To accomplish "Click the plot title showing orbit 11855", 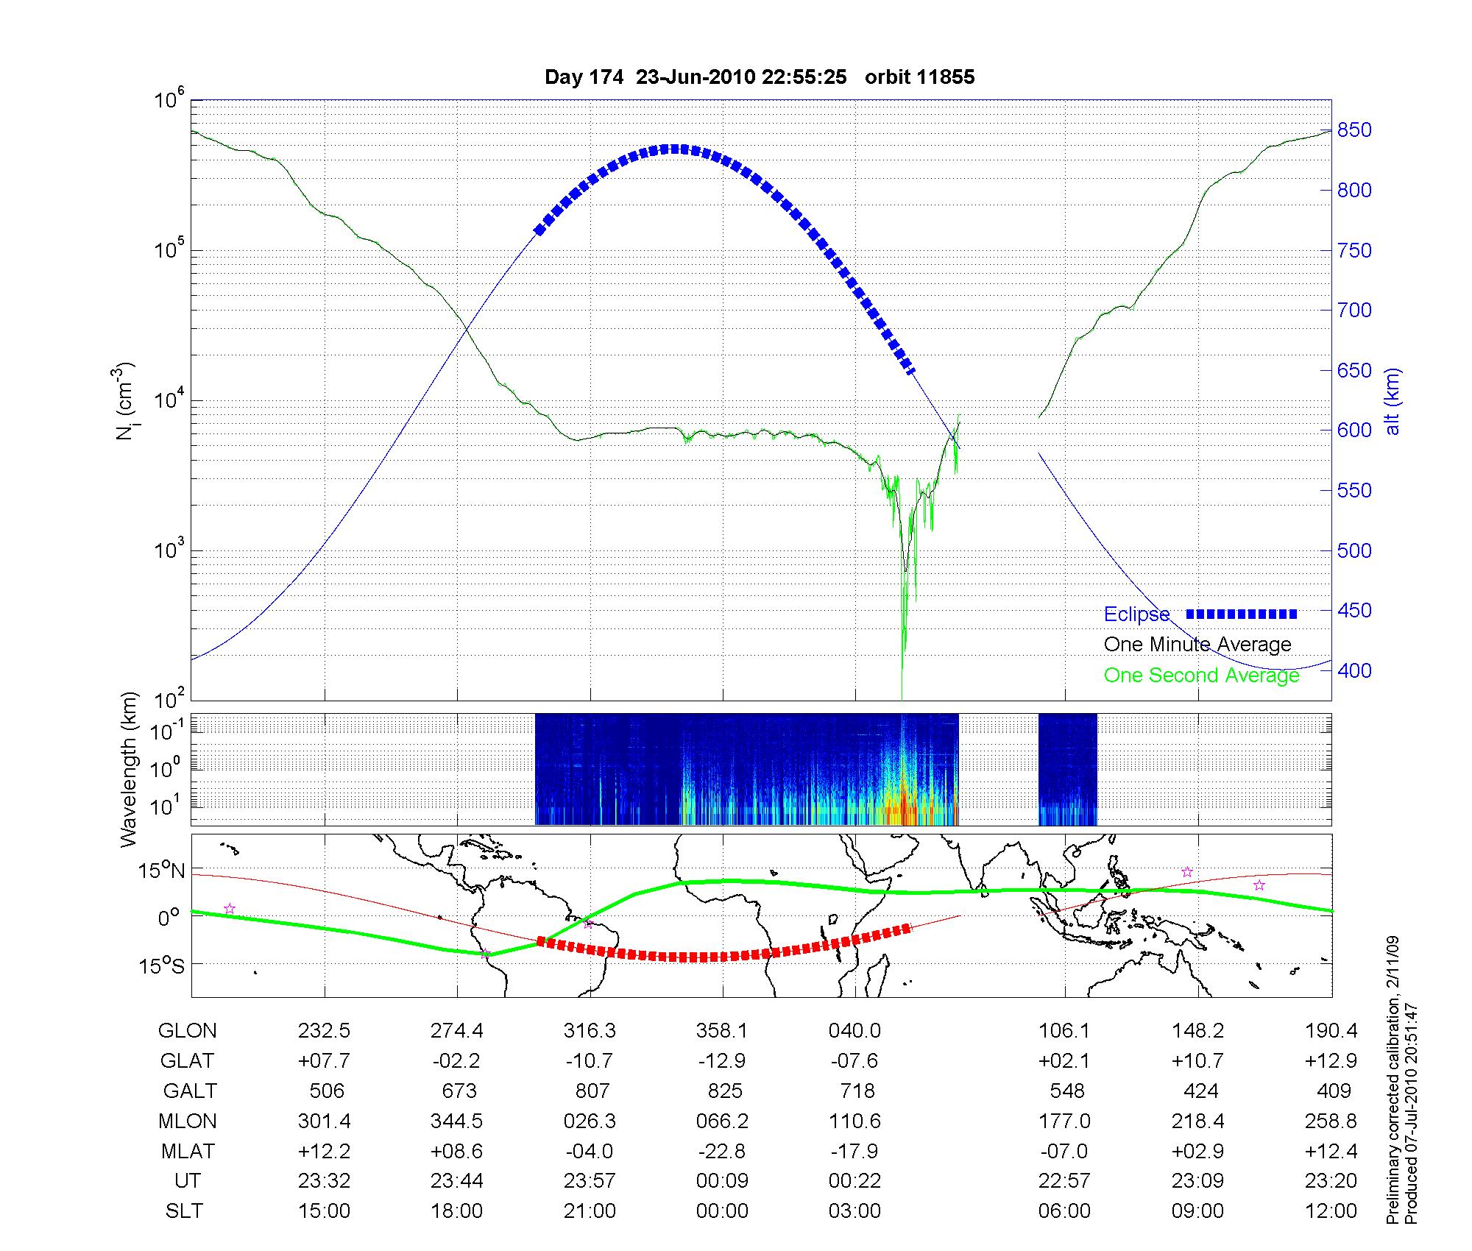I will click(759, 77).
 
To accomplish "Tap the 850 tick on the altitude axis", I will click(1354, 130).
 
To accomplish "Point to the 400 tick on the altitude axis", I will click(1354, 670).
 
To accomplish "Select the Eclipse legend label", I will click(1136, 614).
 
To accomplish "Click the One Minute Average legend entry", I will click(1197, 645).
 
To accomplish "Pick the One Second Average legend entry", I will click(1201, 676).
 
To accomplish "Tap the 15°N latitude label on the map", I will click(160, 871).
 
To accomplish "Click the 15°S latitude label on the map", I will click(160, 965).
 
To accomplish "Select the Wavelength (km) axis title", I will click(128, 770).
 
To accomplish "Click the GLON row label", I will click(187, 1031).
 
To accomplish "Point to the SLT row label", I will click(184, 1211).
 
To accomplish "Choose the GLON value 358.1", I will click(721, 1031).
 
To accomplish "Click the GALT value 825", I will click(724, 1091).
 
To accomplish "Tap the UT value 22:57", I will click(1064, 1181).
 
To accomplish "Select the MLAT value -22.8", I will click(721, 1151).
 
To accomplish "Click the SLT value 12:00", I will click(1331, 1211).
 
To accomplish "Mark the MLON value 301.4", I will click(324, 1121).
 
